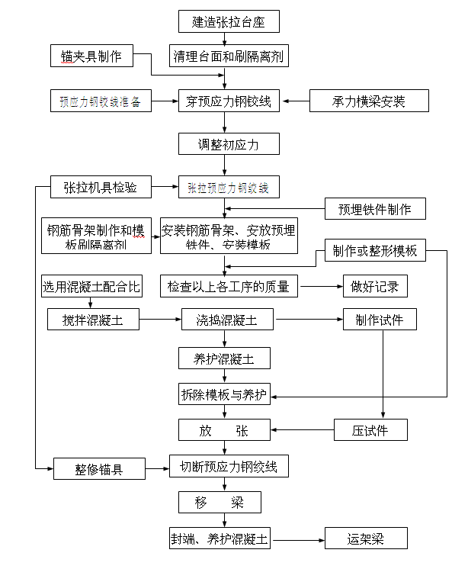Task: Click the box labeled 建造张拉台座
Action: click(x=224, y=21)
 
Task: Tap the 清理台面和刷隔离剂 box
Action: click(x=224, y=55)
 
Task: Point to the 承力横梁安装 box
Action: click(x=369, y=101)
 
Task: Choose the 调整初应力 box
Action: click(x=224, y=143)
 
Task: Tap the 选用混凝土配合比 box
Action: click(x=91, y=287)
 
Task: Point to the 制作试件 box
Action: click(x=380, y=320)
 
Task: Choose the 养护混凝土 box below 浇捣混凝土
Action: click(x=224, y=357)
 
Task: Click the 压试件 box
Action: click(x=370, y=430)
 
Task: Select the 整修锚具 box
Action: click(x=99, y=469)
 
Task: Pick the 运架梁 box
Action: click(x=367, y=538)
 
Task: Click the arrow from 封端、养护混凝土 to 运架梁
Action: click(x=299, y=538)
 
